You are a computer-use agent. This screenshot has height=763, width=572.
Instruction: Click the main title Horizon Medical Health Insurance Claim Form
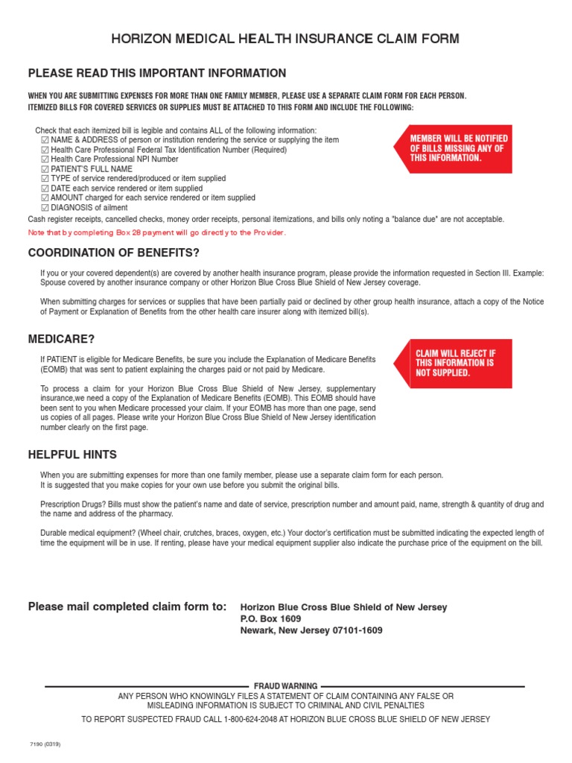click(285, 39)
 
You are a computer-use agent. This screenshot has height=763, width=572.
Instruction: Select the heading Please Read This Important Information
click(156, 73)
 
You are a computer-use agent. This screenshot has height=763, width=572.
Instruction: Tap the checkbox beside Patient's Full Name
click(45, 169)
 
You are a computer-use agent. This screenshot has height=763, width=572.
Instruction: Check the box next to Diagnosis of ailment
click(45, 208)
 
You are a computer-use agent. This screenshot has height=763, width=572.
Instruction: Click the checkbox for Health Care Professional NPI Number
click(45, 159)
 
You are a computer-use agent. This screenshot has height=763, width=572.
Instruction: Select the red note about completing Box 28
click(156, 232)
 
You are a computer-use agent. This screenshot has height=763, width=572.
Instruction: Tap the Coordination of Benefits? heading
click(114, 253)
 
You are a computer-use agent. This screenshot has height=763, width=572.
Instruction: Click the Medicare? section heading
click(61, 339)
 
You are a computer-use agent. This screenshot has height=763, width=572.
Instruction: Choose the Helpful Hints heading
click(72, 455)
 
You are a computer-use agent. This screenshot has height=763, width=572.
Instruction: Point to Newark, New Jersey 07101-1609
click(311, 630)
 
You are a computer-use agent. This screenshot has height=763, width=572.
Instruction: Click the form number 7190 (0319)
click(45, 744)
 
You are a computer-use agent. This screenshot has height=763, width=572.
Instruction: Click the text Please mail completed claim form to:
click(127, 607)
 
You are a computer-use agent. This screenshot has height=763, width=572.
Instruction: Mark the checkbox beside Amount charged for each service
click(45, 198)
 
